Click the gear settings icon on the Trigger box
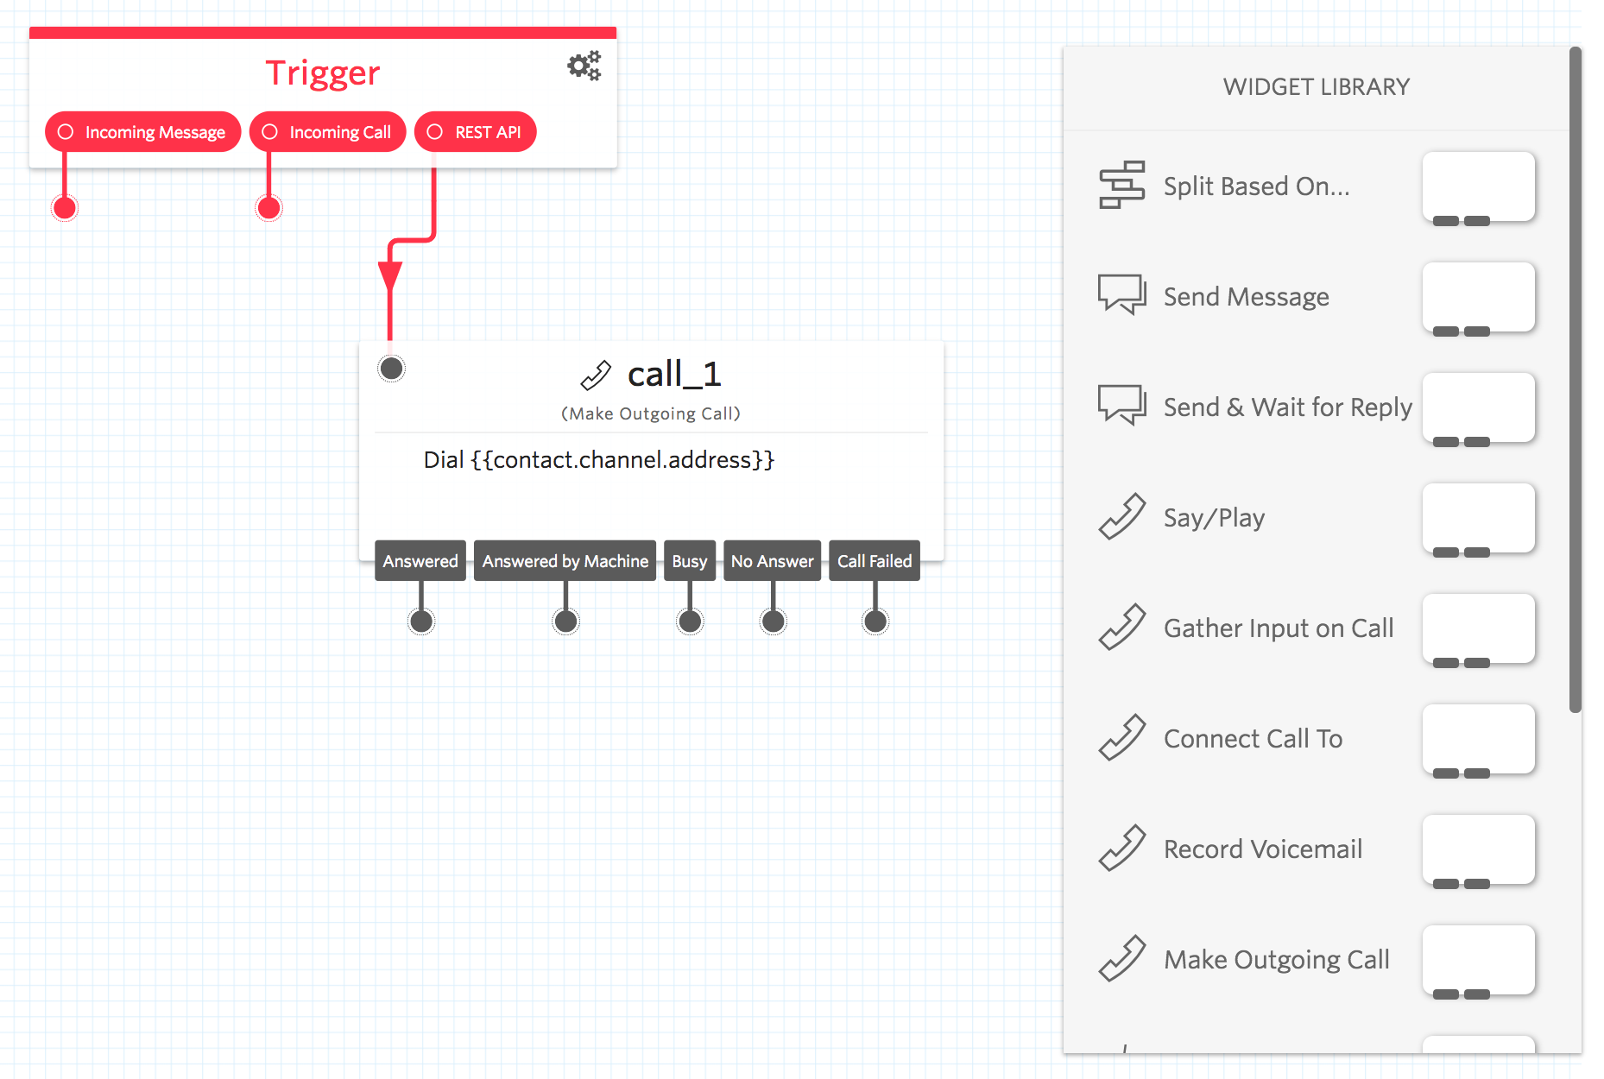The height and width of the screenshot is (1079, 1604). pos(584,66)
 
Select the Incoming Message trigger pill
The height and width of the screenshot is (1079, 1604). pos(142,132)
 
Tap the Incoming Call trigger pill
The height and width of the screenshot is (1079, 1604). pos(328,132)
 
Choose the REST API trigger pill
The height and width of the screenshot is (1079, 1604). pos(476,132)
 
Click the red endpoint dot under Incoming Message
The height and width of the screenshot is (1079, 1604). pos(65,208)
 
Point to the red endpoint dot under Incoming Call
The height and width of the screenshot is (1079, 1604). pos(269,208)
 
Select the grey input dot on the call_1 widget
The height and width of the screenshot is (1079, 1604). pos(392,369)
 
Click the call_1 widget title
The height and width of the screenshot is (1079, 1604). pos(673,375)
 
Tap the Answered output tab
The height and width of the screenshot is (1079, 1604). pos(420,561)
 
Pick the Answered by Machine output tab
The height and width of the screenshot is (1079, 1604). pos(565,561)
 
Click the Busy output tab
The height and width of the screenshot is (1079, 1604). pos(690,561)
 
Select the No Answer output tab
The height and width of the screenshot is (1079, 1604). pos(773,561)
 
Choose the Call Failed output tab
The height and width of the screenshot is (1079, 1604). pos(875,561)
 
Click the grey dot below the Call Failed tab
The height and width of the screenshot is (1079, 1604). pos(875,622)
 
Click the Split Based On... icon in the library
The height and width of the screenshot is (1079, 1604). pos(1121,185)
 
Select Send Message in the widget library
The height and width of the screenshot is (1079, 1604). pos(1246,297)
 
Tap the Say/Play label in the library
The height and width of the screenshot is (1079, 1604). pos(1214,518)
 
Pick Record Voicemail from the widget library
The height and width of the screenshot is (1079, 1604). pos(1262,849)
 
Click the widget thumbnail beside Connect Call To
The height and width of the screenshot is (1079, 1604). pos(1478,740)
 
